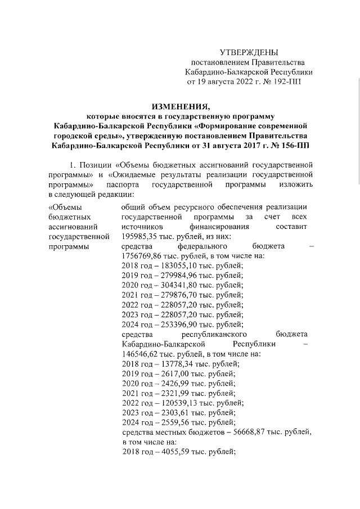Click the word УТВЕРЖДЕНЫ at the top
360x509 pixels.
tap(249, 52)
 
